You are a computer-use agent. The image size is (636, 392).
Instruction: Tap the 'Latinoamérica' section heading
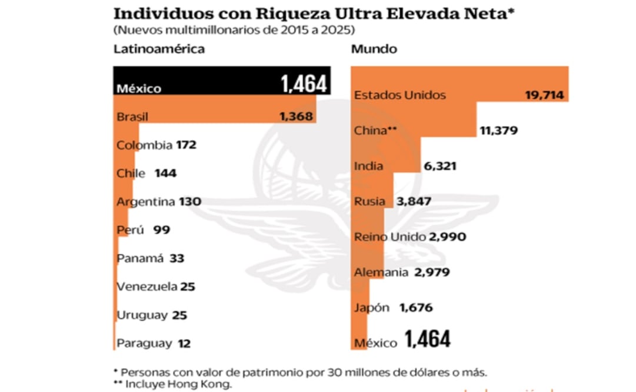click(159, 49)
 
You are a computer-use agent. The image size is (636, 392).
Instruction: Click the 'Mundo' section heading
click(374, 49)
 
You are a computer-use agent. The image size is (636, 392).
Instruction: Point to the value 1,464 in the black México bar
click(303, 84)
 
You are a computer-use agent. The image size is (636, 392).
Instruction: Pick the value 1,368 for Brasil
click(296, 117)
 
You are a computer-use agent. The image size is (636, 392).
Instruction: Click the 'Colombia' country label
click(144, 145)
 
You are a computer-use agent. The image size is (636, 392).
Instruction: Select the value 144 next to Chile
click(165, 173)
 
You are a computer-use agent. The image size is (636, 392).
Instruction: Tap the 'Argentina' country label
click(145, 201)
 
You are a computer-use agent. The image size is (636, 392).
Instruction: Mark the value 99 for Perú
click(161, 230)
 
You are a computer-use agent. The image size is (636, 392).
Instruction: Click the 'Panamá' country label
click(142, 258)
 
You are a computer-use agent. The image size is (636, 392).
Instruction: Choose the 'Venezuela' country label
click(146, 287)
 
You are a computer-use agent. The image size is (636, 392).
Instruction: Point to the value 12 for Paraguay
click(184, 343)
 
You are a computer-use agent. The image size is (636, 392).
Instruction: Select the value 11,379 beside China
click(498, 131)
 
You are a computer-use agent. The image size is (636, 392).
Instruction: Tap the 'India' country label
click(368, 166)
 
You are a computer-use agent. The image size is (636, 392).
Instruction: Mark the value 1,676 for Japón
click(416, 307)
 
